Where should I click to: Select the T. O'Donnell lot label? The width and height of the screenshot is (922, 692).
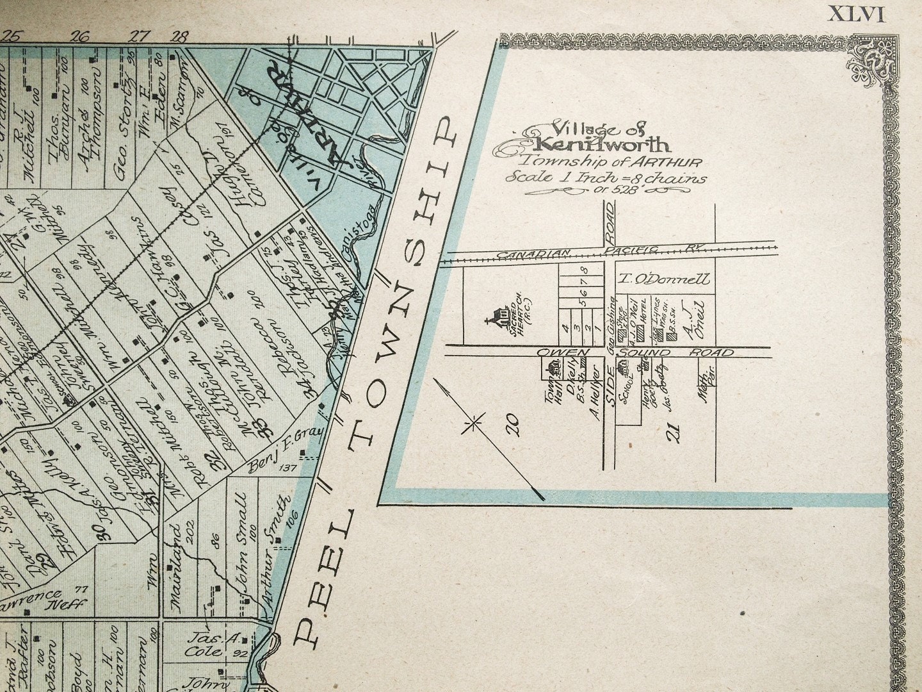[x=663, y=279]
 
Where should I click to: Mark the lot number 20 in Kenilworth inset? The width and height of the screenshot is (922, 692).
[x=512, y=424]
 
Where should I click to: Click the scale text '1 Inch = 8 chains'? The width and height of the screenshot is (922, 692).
[x=605, y=177]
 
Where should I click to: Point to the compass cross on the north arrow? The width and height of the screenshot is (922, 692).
[x=474, y=423]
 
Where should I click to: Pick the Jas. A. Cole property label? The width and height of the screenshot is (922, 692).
[x=206, y=645]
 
